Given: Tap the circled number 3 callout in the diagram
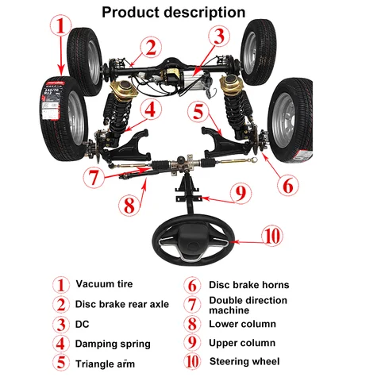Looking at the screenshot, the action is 219,37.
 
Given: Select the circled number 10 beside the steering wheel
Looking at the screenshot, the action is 272,236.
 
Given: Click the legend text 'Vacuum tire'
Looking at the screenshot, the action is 104,284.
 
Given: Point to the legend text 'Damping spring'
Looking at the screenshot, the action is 113,344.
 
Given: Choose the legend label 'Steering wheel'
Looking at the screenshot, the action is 244,361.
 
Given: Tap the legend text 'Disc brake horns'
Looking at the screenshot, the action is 249,285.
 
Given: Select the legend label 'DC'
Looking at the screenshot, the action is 83,325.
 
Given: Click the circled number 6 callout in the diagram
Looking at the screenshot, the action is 288,185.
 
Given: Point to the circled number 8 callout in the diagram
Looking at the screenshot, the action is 129,206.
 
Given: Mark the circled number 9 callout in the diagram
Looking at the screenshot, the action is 241,194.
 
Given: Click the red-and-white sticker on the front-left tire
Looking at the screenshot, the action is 52,101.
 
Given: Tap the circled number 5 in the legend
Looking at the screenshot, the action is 61,363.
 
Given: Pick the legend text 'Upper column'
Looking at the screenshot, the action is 242,343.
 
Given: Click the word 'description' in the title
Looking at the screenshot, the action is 205,13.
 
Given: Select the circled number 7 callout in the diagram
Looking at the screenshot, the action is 94,177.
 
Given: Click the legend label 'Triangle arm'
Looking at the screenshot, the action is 105,364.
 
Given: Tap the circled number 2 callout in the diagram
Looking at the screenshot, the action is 151,48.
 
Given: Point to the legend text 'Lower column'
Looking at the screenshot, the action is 242,324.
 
